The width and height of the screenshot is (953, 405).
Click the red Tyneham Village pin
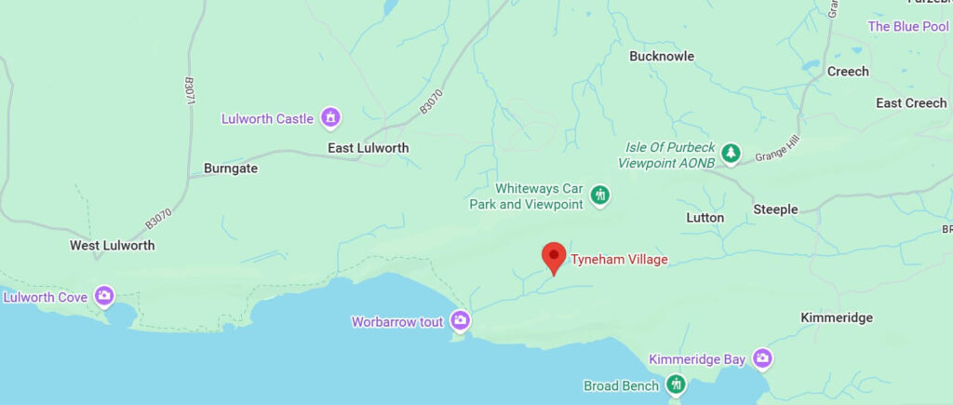tap(554, 256)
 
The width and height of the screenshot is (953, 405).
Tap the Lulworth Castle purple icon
tap(329, 118)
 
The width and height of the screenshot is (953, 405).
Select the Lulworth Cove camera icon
tap(103, 297)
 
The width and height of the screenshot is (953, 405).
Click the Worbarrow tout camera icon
tap(460, 321)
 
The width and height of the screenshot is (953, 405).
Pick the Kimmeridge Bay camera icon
tap(763, 358)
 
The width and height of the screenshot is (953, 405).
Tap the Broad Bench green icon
tap(675, 385)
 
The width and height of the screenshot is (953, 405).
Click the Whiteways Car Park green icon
tap(600, 195)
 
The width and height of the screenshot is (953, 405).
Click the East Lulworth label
tap(368, 148)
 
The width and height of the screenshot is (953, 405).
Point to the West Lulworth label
tap(112, 246)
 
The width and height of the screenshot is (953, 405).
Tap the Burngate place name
tap(230, 169)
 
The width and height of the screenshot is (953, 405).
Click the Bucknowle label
tap(662, 57)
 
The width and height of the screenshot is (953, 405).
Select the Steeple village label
tap(775, 209)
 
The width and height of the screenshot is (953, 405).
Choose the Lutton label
tap(705, 217)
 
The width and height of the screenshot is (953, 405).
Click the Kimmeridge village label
tap(837, 317)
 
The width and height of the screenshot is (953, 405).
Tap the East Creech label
tap(911, 103)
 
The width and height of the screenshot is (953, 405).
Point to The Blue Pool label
tap(907, 27)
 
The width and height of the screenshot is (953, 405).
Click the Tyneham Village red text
tap(619, 260)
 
